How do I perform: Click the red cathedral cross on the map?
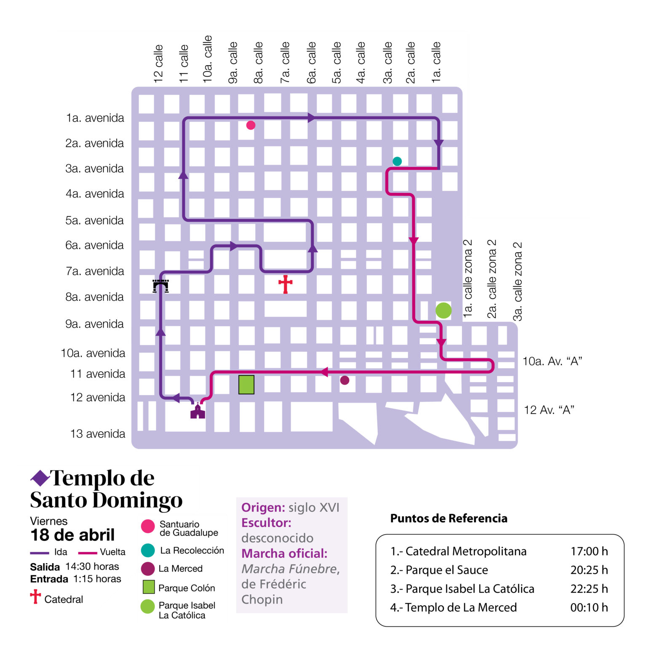[285, 284]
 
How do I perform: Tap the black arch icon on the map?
[160, 286]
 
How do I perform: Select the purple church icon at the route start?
[198, 411]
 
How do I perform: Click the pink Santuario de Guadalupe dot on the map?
[251, 125]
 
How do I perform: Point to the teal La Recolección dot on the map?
[397, 161]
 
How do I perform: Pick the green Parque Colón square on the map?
[246, 385]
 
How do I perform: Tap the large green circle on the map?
[443, 310]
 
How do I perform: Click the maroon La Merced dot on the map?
[345, 380]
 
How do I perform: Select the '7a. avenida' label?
[95, 271]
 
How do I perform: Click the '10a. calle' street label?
[207, 59]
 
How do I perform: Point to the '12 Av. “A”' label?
[549, 410]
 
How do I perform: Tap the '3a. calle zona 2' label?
[517, 281]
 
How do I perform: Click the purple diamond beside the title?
[40, 478]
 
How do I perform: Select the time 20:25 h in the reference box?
[589, 570]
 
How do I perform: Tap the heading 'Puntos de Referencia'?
[449, 519]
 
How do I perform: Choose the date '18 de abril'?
[72, 535]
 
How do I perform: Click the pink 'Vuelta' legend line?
[88, 553]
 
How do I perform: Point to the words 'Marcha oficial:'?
[284, 553]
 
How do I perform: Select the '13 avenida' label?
[98, 434]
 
